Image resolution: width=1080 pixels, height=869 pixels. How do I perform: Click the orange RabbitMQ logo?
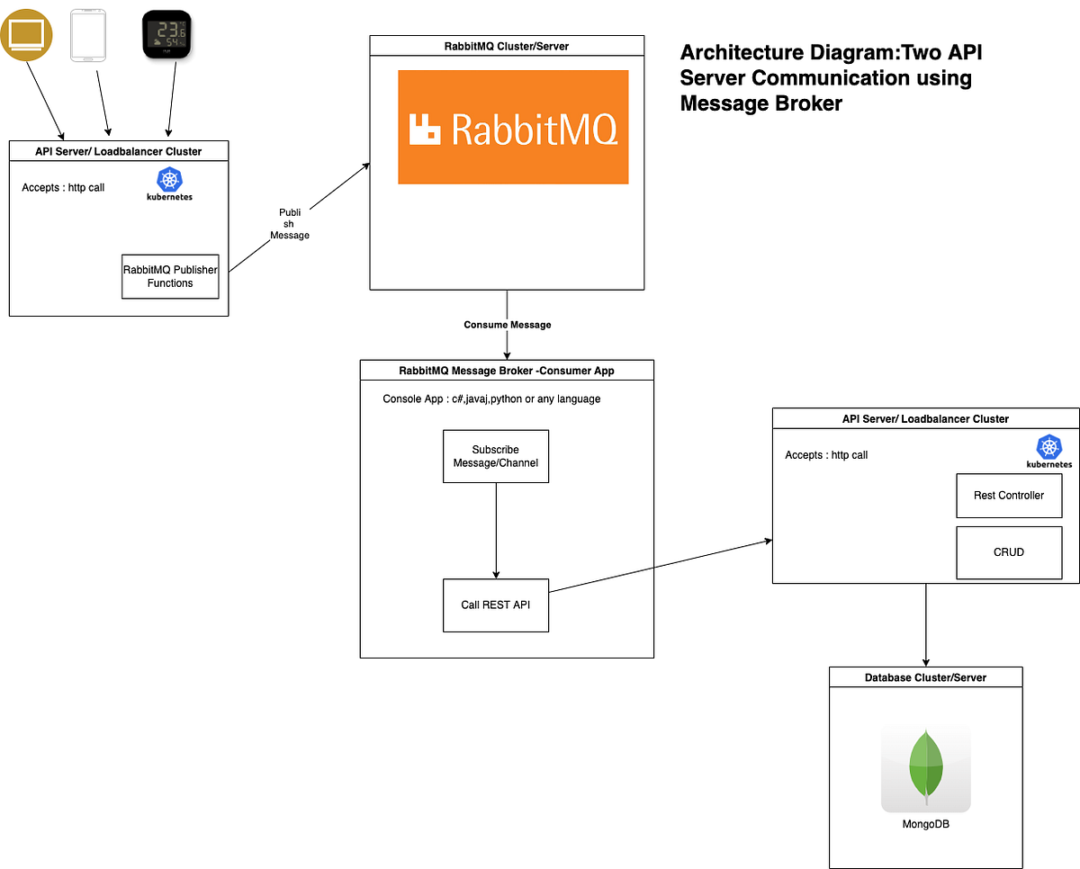pyautogui.click(x=513, y=128)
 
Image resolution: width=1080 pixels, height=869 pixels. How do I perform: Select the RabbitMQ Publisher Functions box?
pyautogui.click(x=170, y=276)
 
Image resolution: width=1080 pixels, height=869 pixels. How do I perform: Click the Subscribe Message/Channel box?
pyautogui.click(x=495, y=456)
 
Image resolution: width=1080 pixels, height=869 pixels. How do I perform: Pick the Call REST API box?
pyautogui.click(x=495, y=605)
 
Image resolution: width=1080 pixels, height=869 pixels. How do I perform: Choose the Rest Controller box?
pyautogui.click(x=1008, y=496)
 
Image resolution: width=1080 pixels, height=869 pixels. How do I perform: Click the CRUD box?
pyautogui.click(x=1008, y=551)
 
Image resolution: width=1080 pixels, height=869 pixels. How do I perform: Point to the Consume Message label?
pyautogui.click(x=507, y=325)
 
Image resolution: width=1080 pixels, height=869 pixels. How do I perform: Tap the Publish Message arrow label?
pyautogui.click(x=290, y=224)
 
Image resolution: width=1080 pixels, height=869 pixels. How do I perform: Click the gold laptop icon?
pyautogui.click(x=25, y=35)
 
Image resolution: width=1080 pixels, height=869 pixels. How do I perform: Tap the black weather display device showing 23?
pyautogui.click(x=166, y=35)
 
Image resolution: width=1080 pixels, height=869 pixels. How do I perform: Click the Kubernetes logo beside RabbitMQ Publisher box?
pyautogui.click(x=169, y=183)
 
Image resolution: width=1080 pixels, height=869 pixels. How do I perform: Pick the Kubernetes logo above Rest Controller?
pyautogui.click(x=1048, y=451)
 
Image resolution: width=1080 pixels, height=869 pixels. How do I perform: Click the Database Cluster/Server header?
pyautogui.click(x=925, y=677)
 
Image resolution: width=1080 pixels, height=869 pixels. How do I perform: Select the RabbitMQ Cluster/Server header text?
pyautogui.click(x=507, y=46)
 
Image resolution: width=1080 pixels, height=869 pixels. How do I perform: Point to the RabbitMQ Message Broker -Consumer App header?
pyautogui.click(x=507, y=371)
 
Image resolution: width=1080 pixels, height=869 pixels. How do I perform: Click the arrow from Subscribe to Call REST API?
pyautogui.click(x=496, y=531)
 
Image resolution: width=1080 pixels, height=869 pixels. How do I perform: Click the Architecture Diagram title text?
pyautogui.click(x=830, y=78)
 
